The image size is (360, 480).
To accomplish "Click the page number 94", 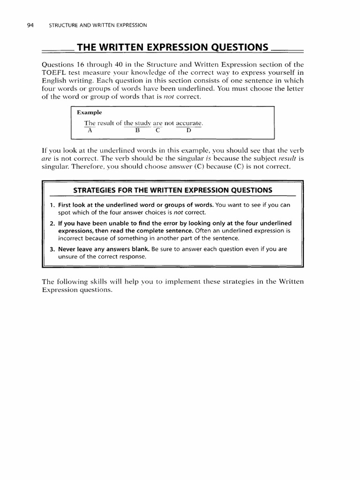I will pyautogui.click(x=30, y=25).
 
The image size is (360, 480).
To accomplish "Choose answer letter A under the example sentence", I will pyautogui.click(x=90, y=131).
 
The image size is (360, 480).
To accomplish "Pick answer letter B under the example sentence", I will pyautogui.click(x=138, y=131).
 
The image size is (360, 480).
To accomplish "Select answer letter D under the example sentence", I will pyautogui.click(x=188, y=131).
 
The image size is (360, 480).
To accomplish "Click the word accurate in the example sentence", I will pyautogui.click(x=189, y=123).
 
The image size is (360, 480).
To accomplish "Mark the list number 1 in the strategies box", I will pyautogui.click(x=52, y=205).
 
